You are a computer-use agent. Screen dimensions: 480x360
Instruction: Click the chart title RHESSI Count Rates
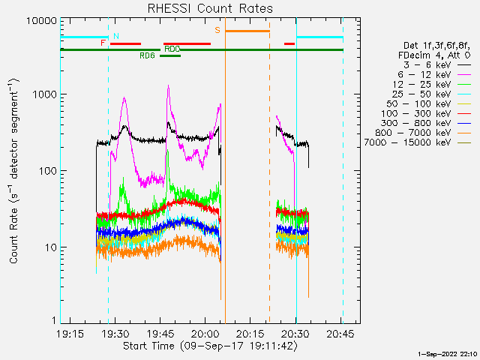click(210, 8)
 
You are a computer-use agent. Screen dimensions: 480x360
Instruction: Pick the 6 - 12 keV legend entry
click(434, 75)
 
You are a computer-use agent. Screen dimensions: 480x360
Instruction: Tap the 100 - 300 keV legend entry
click(426, 113)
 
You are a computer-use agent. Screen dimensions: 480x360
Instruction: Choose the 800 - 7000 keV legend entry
click(423, 133)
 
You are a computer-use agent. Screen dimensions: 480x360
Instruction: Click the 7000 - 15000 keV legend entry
click(418, 142)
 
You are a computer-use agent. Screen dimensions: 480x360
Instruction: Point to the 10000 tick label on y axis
click(42, 21)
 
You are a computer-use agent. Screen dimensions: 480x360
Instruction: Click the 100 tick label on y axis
click(48, 171)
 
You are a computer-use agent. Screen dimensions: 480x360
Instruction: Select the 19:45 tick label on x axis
click(160, 334)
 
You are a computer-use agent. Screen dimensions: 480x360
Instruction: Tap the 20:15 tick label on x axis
click(250, 334)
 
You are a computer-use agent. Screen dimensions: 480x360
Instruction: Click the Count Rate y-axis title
click(13, 171)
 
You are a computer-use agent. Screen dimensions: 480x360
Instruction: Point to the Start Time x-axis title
click(210, 346)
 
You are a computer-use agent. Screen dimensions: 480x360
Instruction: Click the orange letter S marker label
click(217, 30)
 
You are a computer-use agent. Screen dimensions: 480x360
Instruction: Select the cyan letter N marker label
click(116, 36)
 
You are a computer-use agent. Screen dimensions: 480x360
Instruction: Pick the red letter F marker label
click(103, 43)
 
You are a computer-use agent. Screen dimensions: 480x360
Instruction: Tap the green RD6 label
click(147, 55)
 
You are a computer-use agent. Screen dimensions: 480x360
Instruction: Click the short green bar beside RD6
click(170, 55)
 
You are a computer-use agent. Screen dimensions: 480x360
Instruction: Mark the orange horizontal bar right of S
click(247, 31)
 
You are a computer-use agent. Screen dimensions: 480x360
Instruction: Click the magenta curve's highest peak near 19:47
click(168, 85)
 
